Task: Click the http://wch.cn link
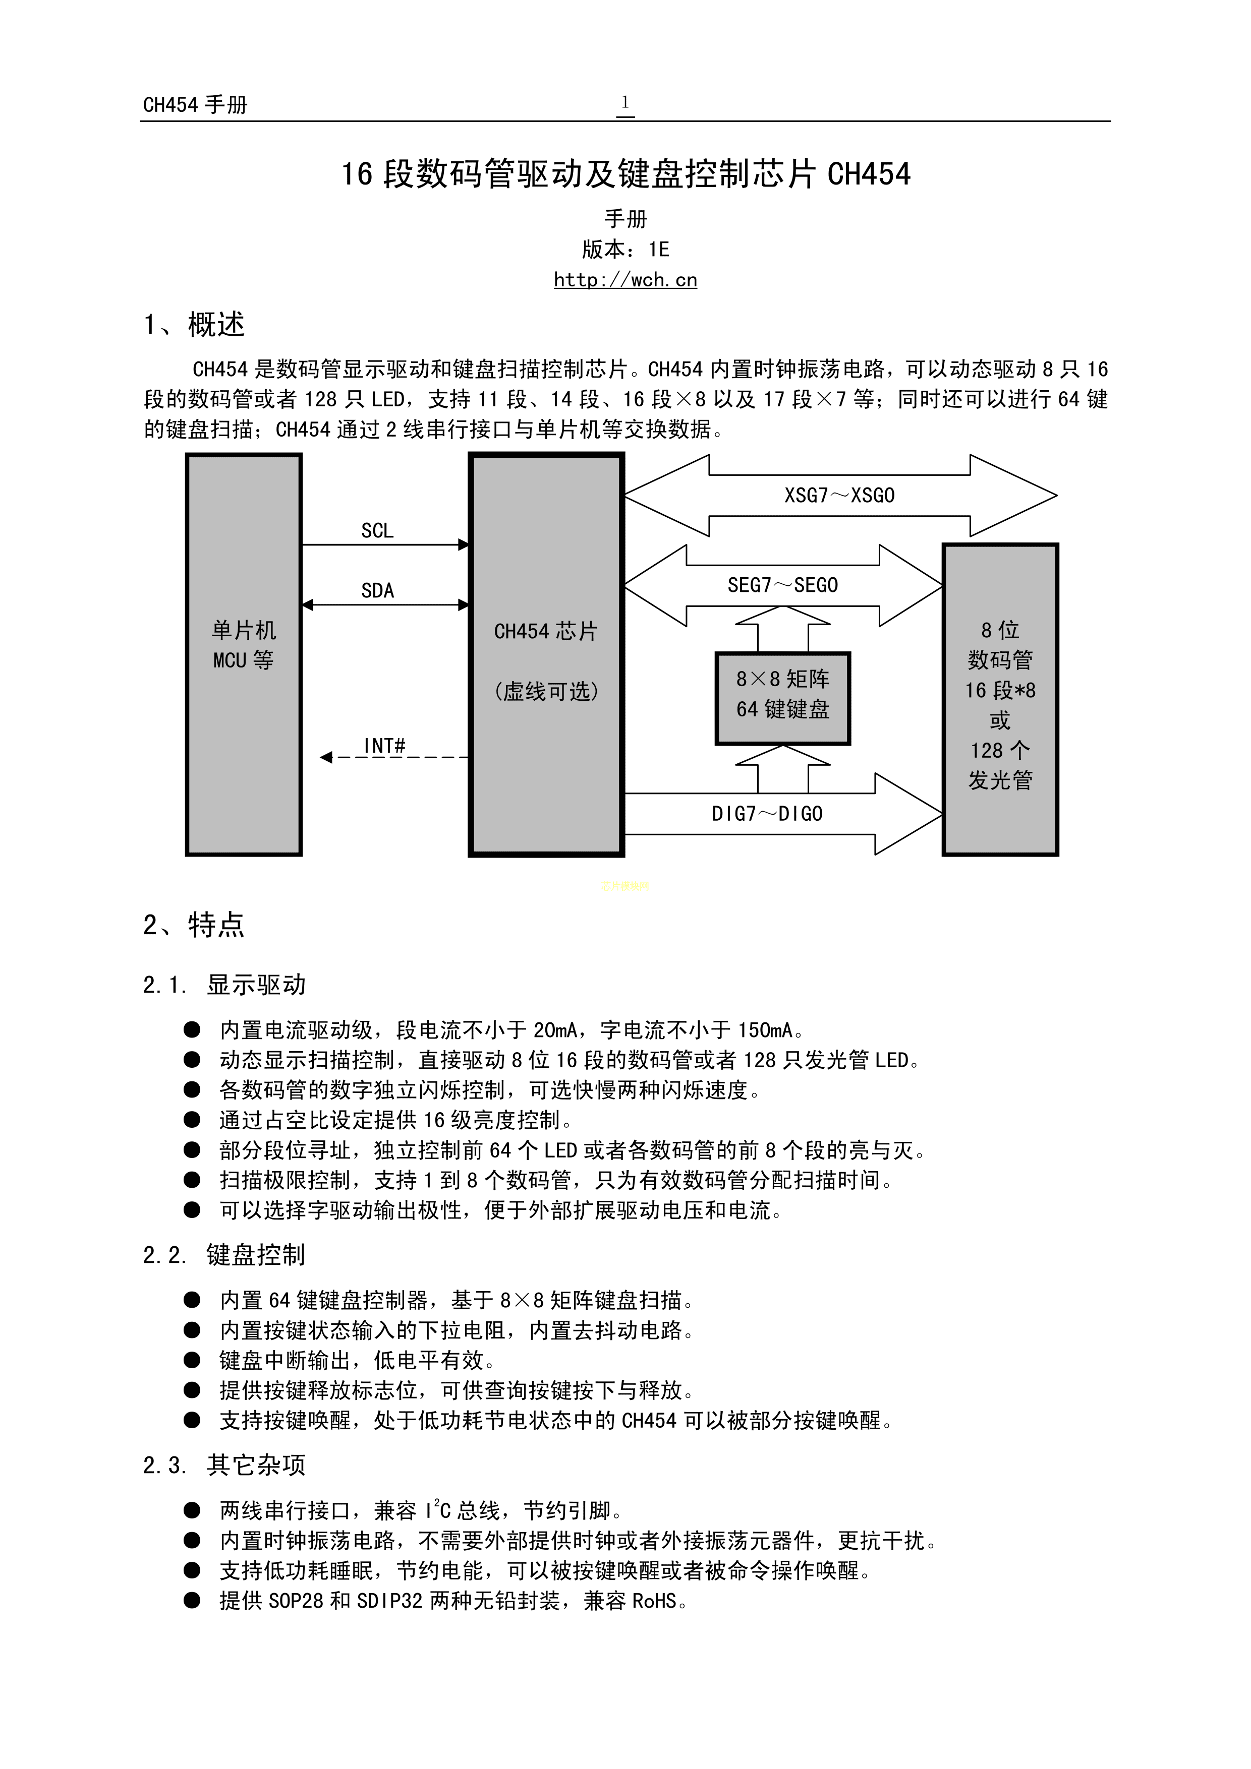pos(625,280)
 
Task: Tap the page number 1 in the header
pos(625,102)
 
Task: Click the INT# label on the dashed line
pos(384,745)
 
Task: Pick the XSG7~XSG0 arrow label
pos(839,496)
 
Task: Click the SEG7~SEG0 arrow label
pos(782,586)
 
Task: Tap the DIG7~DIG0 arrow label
pos(767,814)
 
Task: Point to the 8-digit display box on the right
pos(1000,700)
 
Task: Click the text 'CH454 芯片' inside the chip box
pos(546,632)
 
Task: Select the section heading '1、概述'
pos(194,325)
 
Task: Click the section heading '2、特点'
pos(194,925)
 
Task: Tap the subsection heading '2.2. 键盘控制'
pos(224,1255)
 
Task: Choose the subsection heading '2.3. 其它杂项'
pos(224,1465)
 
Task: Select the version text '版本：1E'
pos(625,250)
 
